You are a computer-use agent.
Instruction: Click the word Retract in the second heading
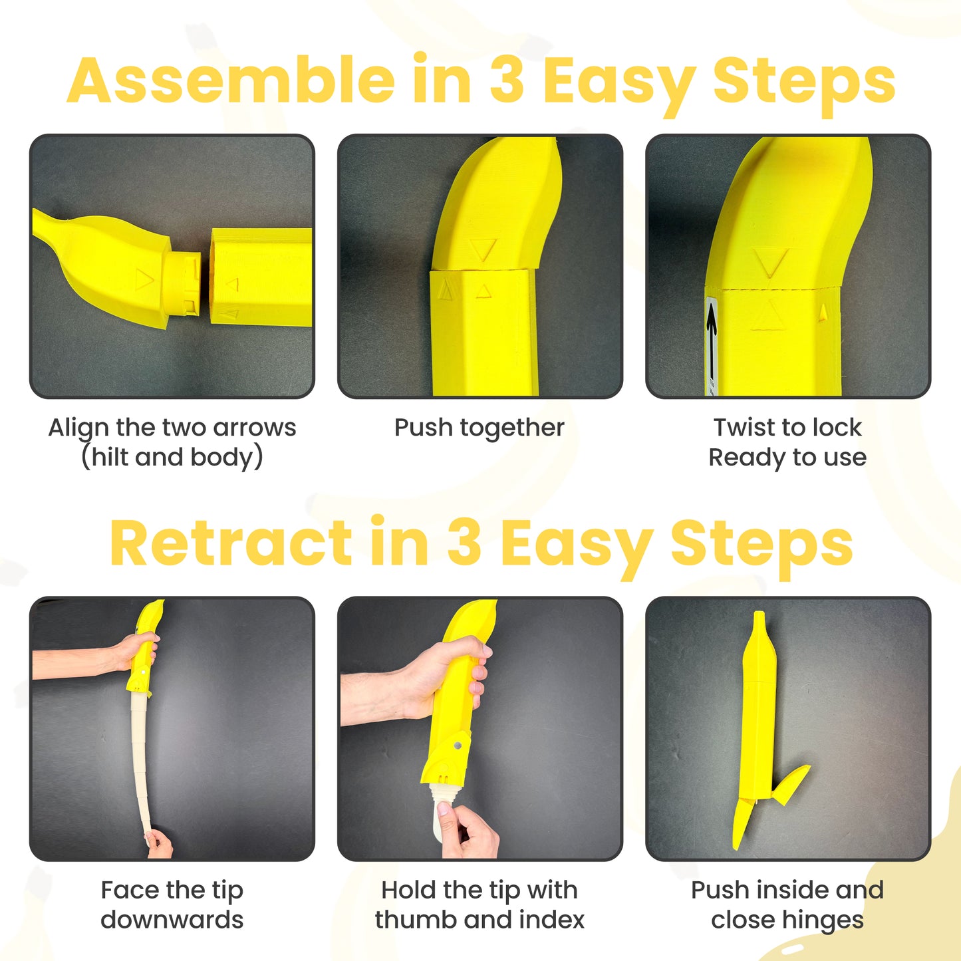click(x=231, y=543)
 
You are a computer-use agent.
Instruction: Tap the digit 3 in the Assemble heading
click(x=507, y=80)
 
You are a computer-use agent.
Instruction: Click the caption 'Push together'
click(x=479, y=428)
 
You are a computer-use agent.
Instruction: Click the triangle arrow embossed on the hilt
click(x=144, y=279)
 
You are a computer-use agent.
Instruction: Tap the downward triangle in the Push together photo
click(x=483, y=249)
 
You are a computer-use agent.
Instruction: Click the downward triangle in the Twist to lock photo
click(x=771, y=262)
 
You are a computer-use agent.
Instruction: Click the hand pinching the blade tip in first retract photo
click(x=158, y=843)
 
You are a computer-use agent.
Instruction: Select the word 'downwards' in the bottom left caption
click(x=172, y=920)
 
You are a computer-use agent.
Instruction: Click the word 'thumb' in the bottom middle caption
click(x=416, y=920)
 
